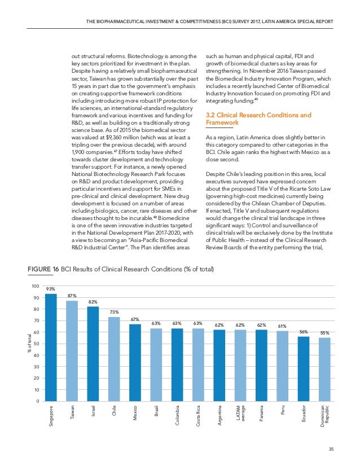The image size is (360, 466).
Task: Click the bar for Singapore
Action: coord(51,347)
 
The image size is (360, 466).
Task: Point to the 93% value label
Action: coord(51,289)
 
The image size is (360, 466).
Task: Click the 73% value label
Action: coord(114,312)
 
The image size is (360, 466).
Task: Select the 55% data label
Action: coord(324,333)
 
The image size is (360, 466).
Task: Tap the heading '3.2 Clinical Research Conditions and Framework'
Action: coord(256,118)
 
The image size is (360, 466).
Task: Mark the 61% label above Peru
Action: coord(282,326)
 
